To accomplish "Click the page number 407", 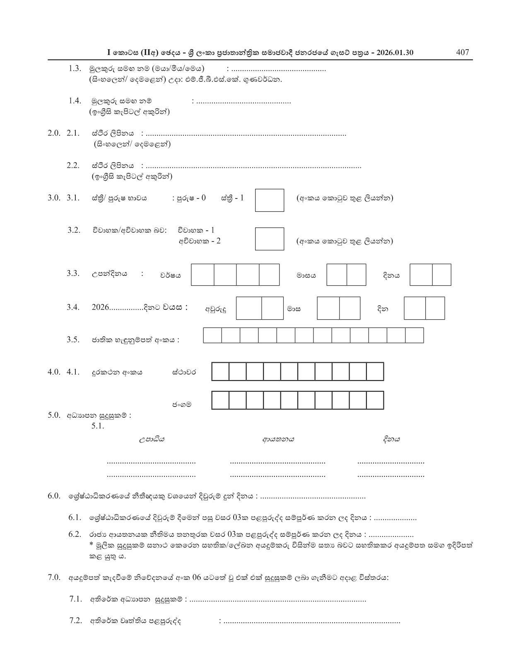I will pyautogui.click(x=462, y=52).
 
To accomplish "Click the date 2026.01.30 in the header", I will pyautogui.click(x=389, y=53).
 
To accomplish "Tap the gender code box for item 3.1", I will pyautogui.click(x=269, y=200).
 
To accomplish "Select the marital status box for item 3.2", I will pyautogui.click(x=269, y=239).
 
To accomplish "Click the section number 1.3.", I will pyautogui.click(x=75, y=69).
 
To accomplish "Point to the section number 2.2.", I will pyautogui.click(x=73, y=165).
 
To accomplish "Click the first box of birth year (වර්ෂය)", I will pyautogui.click(x=203, y=275).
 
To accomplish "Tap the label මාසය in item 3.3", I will pyautogui.click(x=306, y=275).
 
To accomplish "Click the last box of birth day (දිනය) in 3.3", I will pyautogui.click(x=441, y=275).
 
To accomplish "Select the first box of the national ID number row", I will pyautogui.click(x=212, y=335).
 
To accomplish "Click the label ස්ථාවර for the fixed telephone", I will pyautogui.click(x=184, y=372).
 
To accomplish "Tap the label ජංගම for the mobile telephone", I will pyautogui.click(x=182, y=404).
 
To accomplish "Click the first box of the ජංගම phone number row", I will pyautogui.click(x=220, y=400).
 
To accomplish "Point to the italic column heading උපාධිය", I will pyautogui.click(x=152, y=439).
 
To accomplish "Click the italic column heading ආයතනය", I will pyautogui.click(x=278, y=439).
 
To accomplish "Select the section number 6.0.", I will pyautogui.click(x=54, y=496).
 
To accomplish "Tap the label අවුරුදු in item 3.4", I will pyautogui.click(x=216, y=309).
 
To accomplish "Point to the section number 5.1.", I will pyautogui.click(x=98, y=426).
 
